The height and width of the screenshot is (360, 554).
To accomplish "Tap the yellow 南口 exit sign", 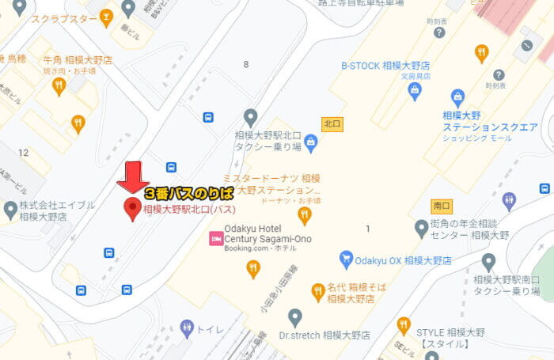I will (442, 206).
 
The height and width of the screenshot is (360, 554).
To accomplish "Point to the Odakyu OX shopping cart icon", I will (346, 259).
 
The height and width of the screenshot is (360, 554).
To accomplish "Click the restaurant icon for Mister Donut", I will (305, 215).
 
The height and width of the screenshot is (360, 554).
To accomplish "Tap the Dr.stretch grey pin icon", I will (295, 318).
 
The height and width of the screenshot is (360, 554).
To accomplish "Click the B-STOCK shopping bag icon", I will (415, 92).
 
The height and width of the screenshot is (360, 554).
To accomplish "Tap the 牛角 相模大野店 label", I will (77, 59).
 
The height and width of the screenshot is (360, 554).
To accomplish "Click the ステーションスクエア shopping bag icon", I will (457, 98).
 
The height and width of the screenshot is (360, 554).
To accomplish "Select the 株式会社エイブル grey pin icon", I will (10, 210).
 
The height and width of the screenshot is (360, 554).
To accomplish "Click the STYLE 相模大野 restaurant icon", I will (404, 325).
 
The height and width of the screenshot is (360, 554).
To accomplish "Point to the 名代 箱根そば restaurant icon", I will (318, 293).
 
